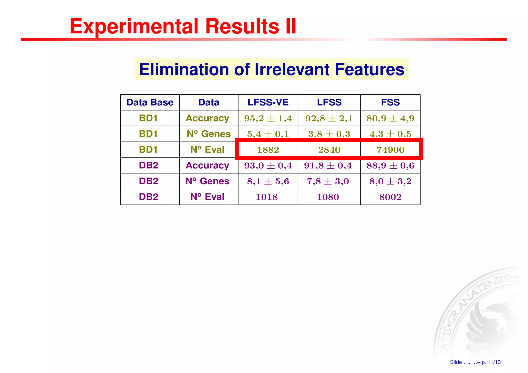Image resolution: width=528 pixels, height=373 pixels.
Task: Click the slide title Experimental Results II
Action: (x=183, y=27)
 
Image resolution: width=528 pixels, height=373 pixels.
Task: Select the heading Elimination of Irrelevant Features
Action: (x=271, y=69)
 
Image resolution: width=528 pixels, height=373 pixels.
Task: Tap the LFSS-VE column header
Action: (x=268, y=102)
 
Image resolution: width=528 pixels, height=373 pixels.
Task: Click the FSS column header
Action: (x=390, y=102)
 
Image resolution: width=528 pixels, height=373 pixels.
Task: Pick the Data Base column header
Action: (x=150, y=102)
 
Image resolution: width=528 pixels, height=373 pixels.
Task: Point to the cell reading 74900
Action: (x=390, y=150)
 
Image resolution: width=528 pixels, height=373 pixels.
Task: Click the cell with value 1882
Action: (x=268, y=150)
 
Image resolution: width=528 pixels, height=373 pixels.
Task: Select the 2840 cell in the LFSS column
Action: (x=329, y=150)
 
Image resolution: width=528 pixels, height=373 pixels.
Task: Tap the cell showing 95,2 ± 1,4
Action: (x=268, y=118)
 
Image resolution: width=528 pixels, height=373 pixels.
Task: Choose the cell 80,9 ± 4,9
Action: (x=390, y=118)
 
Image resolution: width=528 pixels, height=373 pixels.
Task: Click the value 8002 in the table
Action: (x=390, y=197)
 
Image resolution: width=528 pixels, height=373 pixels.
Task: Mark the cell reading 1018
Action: (x=267, y=197)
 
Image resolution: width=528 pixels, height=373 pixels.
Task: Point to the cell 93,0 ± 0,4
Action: (x=268, y=165)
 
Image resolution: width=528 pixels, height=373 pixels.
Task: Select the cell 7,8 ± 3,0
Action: (x=328, y=181)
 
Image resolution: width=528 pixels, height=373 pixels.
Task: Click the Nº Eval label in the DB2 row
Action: (x=207, y=197)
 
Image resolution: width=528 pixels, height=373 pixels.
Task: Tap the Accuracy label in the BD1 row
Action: (x=207, y=118)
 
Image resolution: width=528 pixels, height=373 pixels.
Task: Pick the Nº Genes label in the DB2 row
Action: (x=207, y=181)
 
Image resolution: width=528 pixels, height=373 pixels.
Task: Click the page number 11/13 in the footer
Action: (x=494, y=362)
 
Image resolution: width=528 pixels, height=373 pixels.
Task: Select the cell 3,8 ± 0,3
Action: (x=329, y=134)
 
